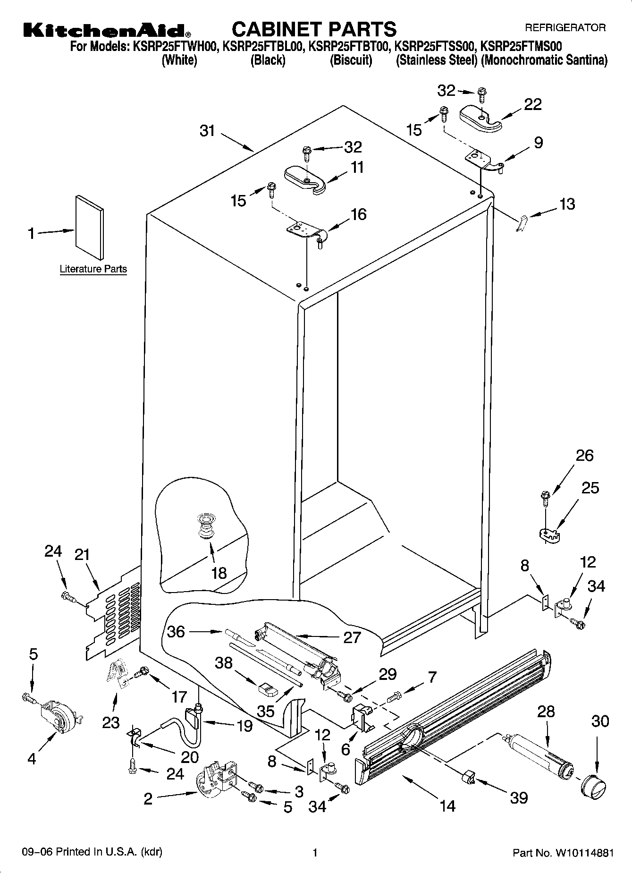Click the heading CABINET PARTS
pos(314,29)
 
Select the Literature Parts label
pos(93,269)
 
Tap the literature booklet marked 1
pos(89,227)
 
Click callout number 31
pos(207,131)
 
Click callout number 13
pos(567,204)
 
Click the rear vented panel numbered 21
pos(113,614)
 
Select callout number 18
pos(219,573)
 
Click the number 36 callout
pos(176,631)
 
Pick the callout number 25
pos(590,488)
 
